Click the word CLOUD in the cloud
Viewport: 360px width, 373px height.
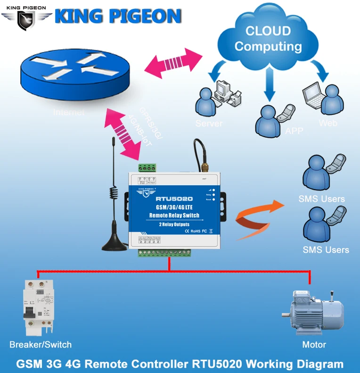point(268,31)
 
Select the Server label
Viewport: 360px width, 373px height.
point(208,124)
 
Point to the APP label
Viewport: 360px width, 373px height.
point(294,131)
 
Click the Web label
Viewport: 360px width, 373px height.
point(328,123)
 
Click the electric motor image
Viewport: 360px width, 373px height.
point(313,311)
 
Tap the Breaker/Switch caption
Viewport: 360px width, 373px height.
point(41,344)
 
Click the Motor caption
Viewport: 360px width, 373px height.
point(314,345)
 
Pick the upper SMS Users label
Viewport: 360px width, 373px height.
point(321,199)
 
